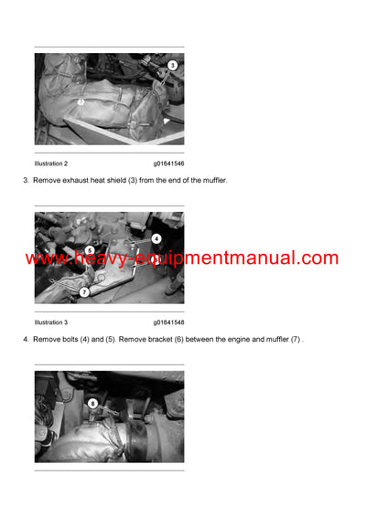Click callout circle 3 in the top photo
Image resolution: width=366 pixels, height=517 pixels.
pos(172,66)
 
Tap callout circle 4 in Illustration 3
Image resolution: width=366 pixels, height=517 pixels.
pos(156,238)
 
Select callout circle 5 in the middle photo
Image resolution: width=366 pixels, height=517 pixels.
pos(90,249)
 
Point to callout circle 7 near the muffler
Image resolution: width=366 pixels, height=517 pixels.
pos(84,291)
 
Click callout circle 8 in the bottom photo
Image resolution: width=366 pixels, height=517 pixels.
pos(92,403)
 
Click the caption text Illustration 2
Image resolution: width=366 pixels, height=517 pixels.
pos(51,164)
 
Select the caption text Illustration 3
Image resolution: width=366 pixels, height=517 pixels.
pos(51,322)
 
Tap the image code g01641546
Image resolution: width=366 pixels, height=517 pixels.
pos(168,164)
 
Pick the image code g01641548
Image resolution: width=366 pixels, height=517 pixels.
pos(168,322)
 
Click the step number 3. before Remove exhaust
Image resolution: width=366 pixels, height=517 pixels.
pos(26,181)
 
